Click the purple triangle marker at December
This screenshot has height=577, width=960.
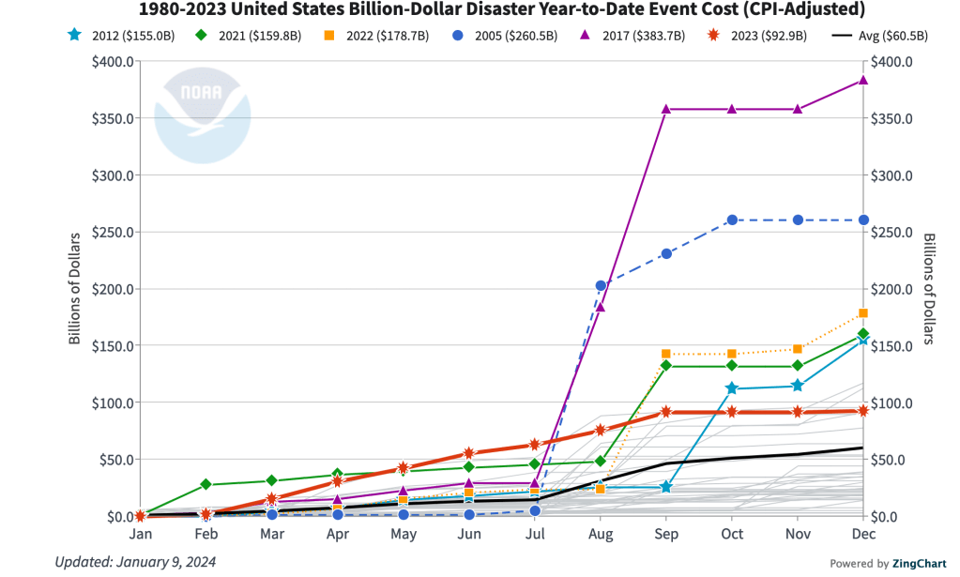pyautogui.click(x=863, y=80)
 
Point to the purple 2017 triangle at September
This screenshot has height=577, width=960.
pyautogui.click(x=665, y=109)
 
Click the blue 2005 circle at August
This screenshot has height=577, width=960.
pyautogui.click(x=601, y=285)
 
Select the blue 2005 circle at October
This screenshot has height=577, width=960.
pyautogui.click(x=732, y=220)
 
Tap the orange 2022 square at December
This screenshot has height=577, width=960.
pyautogui.click(x=863, y=313)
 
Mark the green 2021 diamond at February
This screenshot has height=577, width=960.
pyautogui.click(x=206, y=484)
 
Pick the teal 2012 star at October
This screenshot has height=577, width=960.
pyautogui.click(x=732, y=388)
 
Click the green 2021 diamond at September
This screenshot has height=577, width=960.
pyautogui.click(x=665, y=365)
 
